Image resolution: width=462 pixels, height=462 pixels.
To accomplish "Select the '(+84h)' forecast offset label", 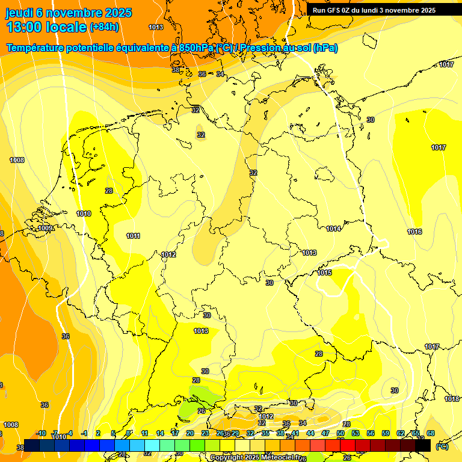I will [x=104, y=27].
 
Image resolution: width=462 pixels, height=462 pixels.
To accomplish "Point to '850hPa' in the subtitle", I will [x=196, y=48].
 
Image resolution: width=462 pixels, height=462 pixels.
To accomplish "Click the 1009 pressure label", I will [x=45, y=229].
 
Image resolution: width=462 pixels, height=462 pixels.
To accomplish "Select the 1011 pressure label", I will [x=134, y=236].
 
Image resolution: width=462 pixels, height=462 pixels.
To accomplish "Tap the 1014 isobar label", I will [x=334, y=229].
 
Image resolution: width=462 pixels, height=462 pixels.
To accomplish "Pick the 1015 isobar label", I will [x=325, y=273].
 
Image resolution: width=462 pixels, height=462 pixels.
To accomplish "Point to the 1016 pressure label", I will [x=414, y=232].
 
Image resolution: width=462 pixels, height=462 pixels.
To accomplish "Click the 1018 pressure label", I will [x=452, y=399].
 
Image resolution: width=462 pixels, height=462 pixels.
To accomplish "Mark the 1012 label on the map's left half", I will [x=168, y=254].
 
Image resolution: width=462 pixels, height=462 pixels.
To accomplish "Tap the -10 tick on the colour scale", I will [x=41, y=433].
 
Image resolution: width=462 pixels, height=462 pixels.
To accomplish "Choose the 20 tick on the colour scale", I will [x=189, y=433].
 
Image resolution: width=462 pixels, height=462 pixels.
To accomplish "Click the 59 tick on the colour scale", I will [x=386, y=433].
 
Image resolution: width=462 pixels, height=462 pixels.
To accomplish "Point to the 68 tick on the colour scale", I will [x=431, y=433].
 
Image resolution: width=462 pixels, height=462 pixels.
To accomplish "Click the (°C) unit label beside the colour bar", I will [x=442, y=446].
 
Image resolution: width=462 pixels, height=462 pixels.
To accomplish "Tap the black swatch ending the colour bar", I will [x=423, y=446].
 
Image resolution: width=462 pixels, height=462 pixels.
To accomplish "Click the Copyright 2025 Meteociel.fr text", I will [x=256, y=457].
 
